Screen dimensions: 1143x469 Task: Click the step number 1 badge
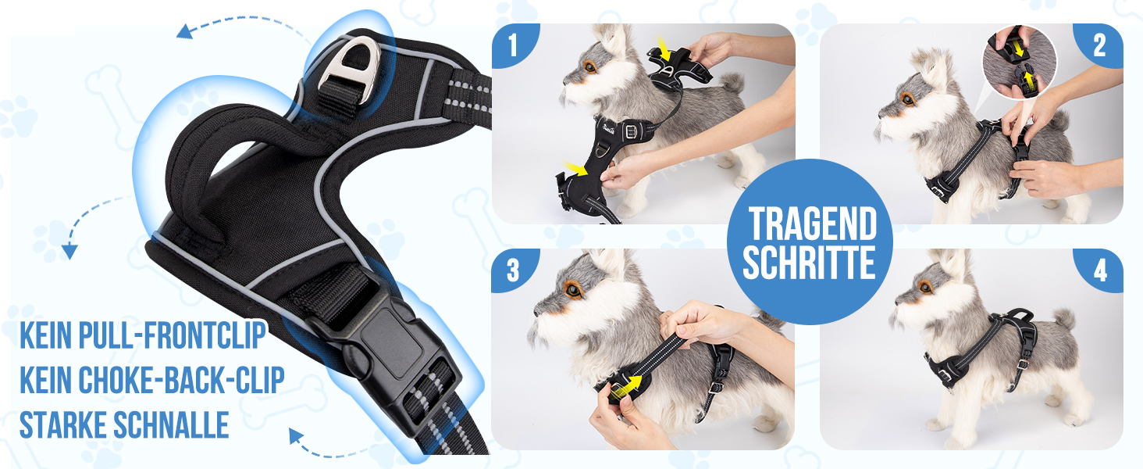[x=513, y=45]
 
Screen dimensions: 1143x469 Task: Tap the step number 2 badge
[x=1099, y=45]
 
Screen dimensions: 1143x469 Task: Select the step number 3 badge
[x=513, y=270]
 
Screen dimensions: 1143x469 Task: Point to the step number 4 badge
[x=1099, y=270]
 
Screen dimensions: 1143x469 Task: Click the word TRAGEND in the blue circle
[x=812, y=224]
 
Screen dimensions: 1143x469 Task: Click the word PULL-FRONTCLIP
[x=172, y=335]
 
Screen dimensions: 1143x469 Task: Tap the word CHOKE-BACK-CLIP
[x=181, y=380]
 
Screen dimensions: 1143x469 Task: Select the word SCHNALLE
[x=171, y=424]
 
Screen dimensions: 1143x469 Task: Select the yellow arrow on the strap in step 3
[x=627, y=386]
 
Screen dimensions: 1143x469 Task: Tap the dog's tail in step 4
[x=1065, y=319]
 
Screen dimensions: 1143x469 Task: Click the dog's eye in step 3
[x=574, y=290]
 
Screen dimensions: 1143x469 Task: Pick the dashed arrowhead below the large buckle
[x=296, y=436]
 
